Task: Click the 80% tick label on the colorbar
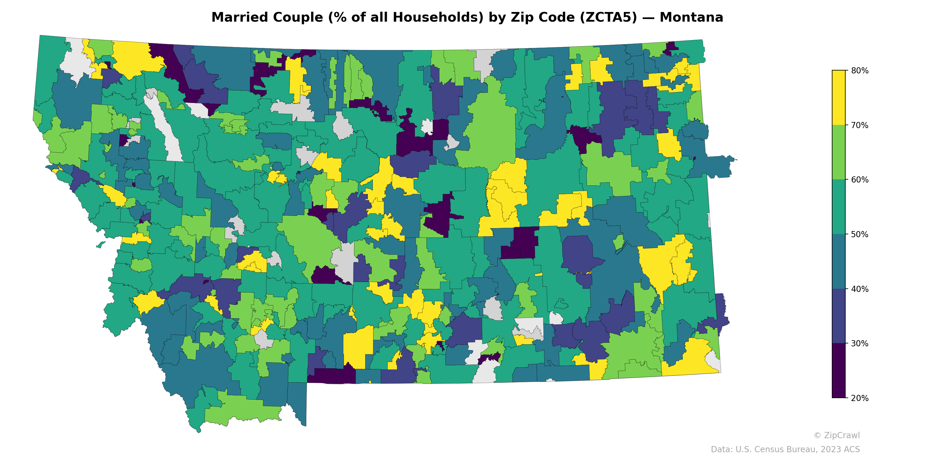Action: tap(860, 70)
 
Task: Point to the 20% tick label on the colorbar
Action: tap(860, 398)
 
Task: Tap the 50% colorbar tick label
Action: tap(860, 234)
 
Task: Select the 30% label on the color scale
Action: tap(860, 344)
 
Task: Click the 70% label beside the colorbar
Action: tap(860, 125)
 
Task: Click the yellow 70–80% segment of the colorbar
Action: tap(839, 98)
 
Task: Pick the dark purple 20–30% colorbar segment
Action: tap(839, 371)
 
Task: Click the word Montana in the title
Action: tap(691, 18)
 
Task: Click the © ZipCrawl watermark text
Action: tap(837, 435)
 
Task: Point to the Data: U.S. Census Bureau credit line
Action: tap(785, 450)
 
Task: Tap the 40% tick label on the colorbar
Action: tap(860, 289)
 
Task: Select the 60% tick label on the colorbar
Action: tap(860, 180)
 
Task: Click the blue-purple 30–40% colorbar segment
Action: tap(839, 316)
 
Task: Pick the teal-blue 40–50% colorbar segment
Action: tap(839, 261)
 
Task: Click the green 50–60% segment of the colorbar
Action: tap(839, 207)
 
